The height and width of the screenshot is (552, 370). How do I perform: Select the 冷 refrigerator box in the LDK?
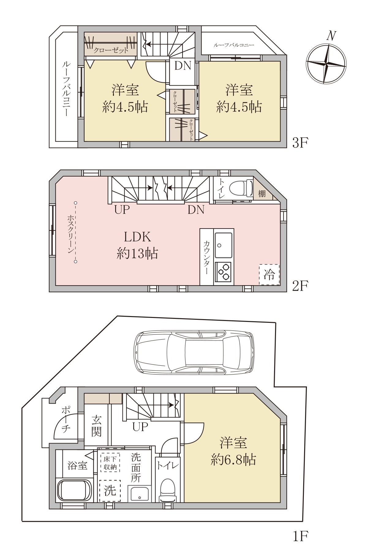coord(269,274)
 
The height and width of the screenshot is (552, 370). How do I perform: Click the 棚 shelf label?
coord(262,193)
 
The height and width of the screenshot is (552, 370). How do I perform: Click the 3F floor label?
coord(300,143)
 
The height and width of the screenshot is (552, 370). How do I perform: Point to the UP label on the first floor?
coord(140,427)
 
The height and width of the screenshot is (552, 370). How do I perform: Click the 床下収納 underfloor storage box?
coord(110,462)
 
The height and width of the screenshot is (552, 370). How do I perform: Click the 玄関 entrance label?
coord(96,426)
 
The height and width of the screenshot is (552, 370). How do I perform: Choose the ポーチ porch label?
coord(66,420)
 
